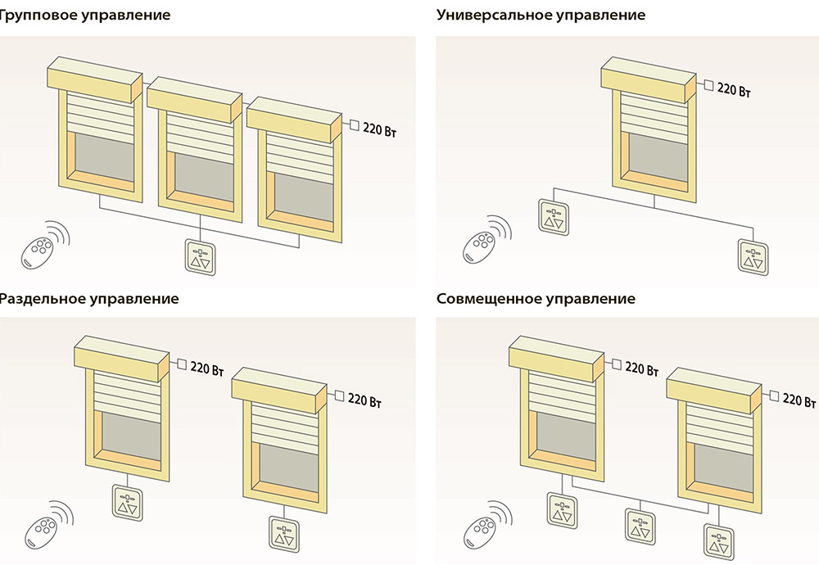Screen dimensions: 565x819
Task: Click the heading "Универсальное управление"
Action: coord(541,16)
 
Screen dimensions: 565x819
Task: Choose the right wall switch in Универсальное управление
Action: coord(753,256)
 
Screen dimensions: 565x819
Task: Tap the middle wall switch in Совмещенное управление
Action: coord(640,525)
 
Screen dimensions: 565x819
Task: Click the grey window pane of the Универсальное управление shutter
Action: coord(654,152)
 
